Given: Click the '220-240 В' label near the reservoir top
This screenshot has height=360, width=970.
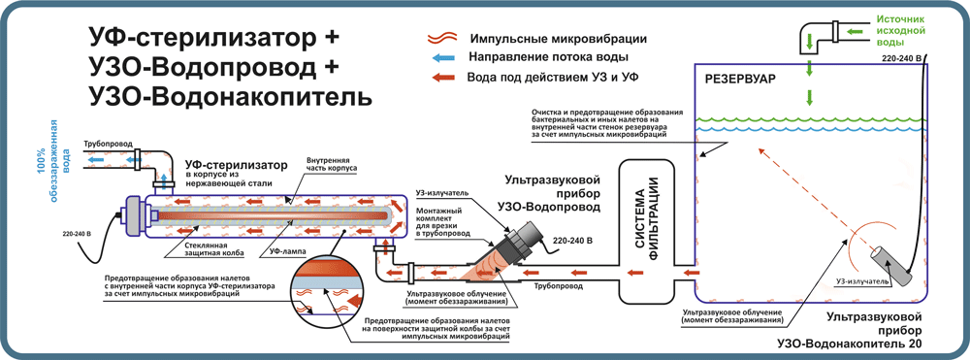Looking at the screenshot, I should tap(897, 59).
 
